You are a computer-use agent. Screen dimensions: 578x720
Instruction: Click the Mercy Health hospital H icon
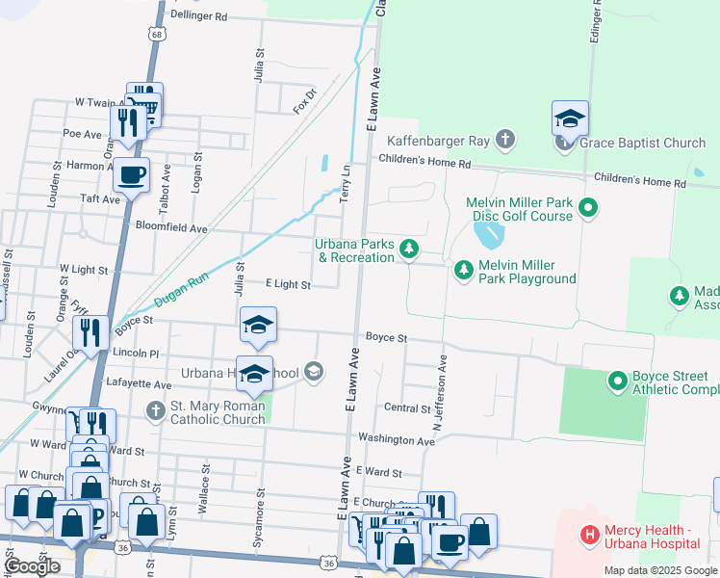coord(588,533)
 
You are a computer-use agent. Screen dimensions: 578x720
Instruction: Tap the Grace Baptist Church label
coord(642,144)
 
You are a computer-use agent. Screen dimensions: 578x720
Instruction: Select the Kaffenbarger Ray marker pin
coord(504,142)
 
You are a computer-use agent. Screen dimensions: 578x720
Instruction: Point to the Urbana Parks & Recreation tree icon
coord(409,250)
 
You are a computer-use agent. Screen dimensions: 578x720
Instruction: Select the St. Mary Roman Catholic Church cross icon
coord(155,411)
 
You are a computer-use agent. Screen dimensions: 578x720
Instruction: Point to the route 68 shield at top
coord(155,33)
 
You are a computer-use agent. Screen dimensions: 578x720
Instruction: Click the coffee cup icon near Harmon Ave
coord(131,175)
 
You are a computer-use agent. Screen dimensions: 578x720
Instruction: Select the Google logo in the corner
coord(34,566)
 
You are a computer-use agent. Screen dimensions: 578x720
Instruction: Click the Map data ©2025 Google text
coord(660,570)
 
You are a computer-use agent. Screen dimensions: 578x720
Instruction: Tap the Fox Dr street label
coord(305,100)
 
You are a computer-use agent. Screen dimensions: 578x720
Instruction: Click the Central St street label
coord(407,408)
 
